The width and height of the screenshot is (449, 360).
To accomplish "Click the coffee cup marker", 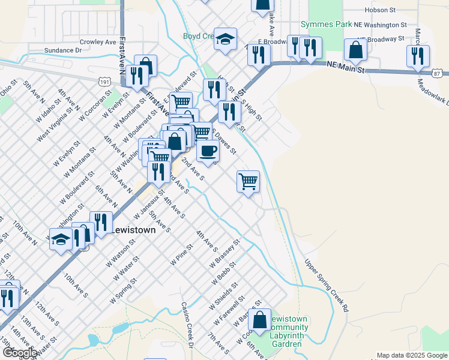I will point(208,151).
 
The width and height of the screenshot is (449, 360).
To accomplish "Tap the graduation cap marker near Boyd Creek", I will point(225,40).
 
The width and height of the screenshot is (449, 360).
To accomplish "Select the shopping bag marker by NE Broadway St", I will point(356,50).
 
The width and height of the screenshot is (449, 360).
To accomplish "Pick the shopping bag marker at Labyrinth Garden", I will point(260,320).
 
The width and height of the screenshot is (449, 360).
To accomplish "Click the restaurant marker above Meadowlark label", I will point(417,56).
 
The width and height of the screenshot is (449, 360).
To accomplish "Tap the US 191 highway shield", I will point(105,80).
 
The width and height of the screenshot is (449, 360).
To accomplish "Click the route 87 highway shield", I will point(438,72).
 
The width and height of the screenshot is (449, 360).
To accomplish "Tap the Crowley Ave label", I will point(98,43).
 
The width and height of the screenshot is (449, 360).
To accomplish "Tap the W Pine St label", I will point(182,254).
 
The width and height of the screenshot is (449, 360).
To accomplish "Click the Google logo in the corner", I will point(20,352).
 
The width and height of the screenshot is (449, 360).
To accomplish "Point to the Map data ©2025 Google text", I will point(412,355).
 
